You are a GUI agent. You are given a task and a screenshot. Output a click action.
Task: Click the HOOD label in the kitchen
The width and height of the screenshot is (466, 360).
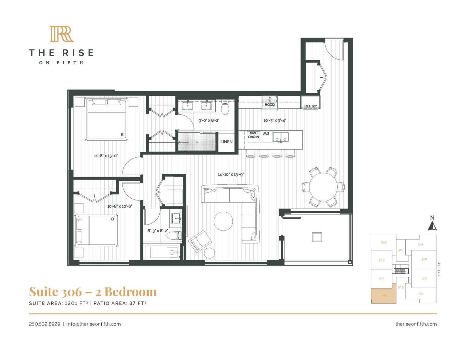(269, 105)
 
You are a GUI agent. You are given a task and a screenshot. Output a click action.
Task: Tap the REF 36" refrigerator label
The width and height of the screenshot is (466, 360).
(310, 106)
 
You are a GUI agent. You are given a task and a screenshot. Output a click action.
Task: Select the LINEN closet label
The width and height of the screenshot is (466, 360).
(226, 142)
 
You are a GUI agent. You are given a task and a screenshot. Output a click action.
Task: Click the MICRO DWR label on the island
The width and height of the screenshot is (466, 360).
(254, 135)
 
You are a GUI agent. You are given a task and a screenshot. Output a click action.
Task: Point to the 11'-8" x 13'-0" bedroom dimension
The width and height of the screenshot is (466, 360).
(106, 156)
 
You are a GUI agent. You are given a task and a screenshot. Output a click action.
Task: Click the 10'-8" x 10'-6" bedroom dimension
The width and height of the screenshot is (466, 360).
(120, 206)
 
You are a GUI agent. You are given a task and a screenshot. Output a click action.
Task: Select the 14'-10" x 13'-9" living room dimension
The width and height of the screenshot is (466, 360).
(231, 174)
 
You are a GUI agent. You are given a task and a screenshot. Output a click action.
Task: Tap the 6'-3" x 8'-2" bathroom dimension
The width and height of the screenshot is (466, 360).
(157, 231)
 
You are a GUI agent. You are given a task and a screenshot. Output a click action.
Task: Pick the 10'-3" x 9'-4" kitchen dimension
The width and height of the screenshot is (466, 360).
(274, 120)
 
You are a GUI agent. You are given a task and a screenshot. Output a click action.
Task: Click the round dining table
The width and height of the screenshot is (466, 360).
(323, 187)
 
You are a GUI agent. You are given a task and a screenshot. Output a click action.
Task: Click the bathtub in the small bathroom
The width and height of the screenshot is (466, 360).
(162, 252)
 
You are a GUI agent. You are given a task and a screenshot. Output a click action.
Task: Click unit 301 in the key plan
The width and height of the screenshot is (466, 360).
(420, 244)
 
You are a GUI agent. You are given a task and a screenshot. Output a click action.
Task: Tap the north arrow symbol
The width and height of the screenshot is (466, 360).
(432, 224)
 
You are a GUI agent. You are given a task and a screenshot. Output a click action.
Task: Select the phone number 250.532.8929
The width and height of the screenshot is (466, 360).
(45, 324)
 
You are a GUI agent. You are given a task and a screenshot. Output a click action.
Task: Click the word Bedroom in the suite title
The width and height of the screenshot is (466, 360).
(130, 292)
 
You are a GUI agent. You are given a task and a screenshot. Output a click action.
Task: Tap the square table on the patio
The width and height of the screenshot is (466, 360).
(317, 237)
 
